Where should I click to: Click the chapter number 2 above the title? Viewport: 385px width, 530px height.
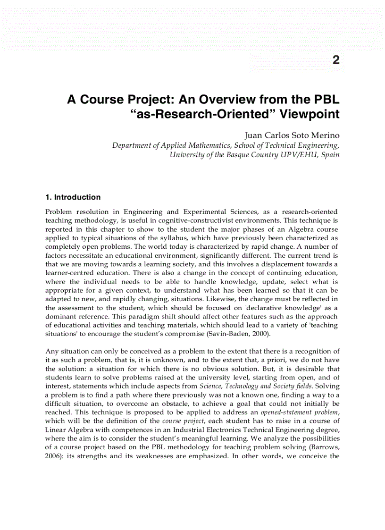(x=335, y=60)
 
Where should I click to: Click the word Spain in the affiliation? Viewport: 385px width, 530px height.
(x=330, y=154)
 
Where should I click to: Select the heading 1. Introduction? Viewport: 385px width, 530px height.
(x=73, y=197)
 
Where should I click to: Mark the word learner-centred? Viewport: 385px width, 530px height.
(x=67, y=273)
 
